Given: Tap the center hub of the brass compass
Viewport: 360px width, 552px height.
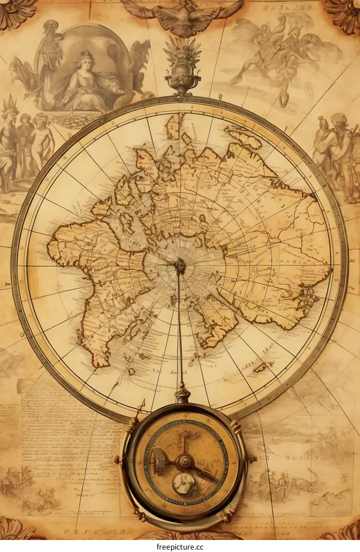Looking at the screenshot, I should [184, 461].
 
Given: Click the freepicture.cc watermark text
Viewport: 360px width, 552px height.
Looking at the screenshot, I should [180, 546].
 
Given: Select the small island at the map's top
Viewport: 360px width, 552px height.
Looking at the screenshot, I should [173, 126].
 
